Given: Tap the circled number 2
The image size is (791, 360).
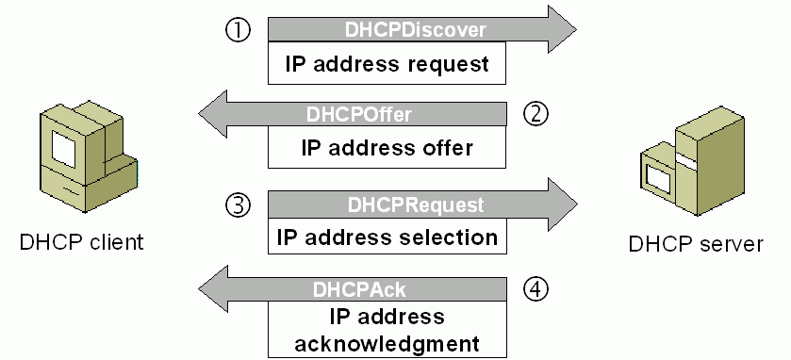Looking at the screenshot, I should click(536, 114).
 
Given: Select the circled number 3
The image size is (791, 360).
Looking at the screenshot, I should click(238, 204).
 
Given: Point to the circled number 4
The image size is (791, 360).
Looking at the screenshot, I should click(536, 289).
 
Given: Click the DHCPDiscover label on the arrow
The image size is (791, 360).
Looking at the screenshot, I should click(415, 30).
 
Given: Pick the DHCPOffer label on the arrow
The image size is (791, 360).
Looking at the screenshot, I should click(359, 115).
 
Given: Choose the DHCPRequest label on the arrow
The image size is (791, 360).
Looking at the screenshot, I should click(415, 205).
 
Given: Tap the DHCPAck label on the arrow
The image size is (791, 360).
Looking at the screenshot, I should click(359, 289).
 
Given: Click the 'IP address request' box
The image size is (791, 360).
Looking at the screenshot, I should click(387, 65).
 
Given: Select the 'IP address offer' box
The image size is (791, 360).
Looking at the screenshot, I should click(387, 148).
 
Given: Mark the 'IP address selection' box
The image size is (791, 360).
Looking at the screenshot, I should click(387, 236).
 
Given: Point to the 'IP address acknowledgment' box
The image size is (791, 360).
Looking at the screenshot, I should click(387, 328).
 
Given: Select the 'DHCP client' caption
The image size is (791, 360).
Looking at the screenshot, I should click(82, 242).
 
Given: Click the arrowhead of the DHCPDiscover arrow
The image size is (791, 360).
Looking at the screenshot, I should click(557, 30).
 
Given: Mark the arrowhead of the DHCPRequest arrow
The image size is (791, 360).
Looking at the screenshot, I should click(557, 205).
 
